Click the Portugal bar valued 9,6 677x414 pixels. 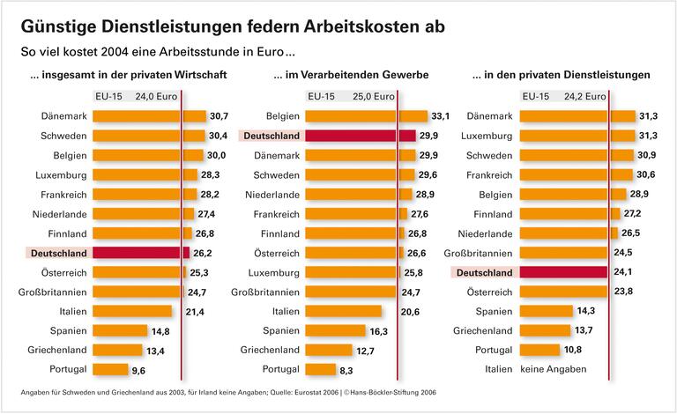tap(109, 369)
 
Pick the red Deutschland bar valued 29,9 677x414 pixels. tap(361, 136)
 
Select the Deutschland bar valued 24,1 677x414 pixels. tap(563, 272)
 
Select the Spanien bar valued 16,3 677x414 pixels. tap(336, 330)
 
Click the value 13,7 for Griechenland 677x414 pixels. tap(584, 330)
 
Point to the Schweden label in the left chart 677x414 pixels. tap(63, 136)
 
